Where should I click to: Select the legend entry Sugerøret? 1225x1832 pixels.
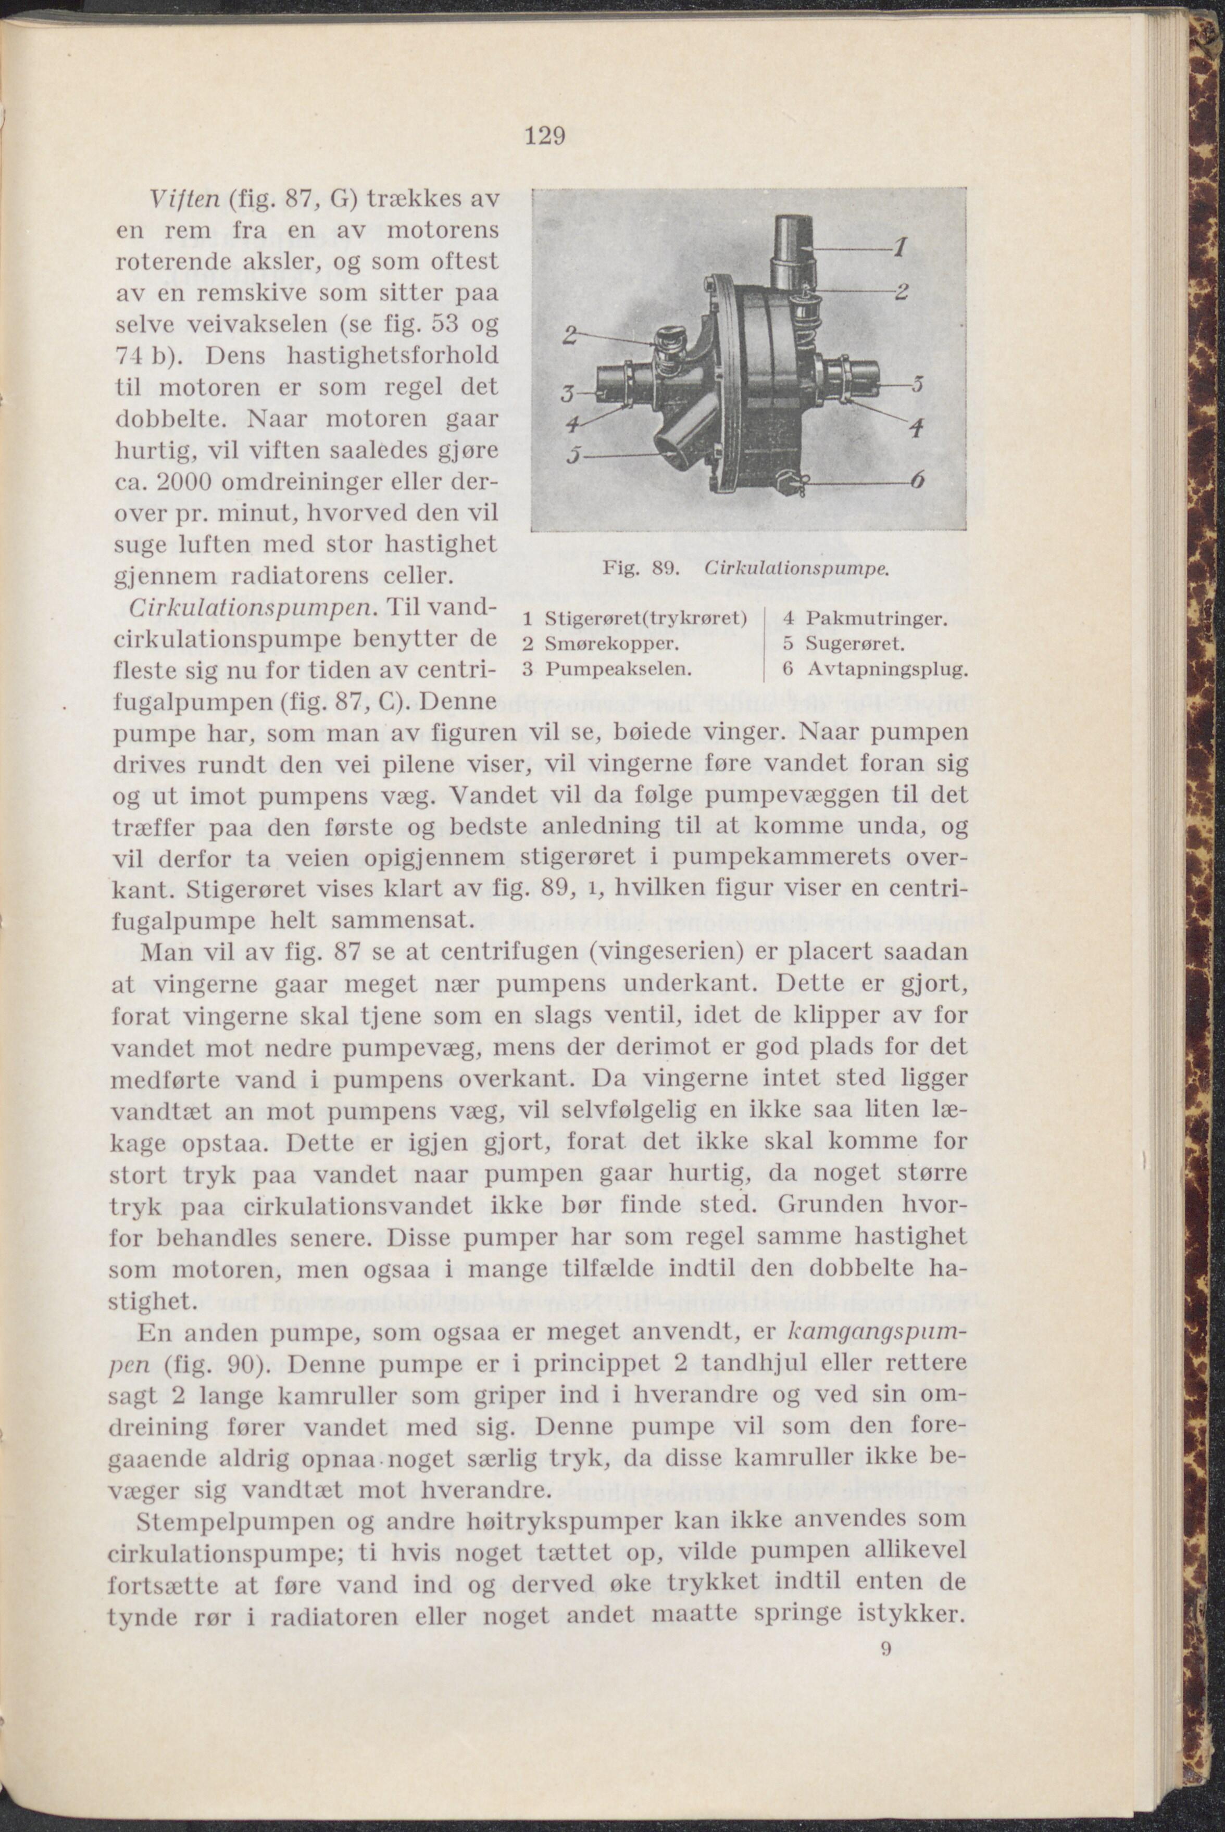(855, 645)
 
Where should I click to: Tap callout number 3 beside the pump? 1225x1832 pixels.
(570, 396)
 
